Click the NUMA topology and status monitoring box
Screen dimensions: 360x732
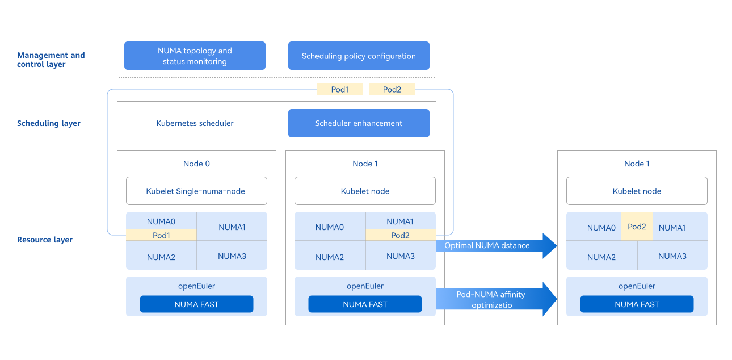[x=195, y=56]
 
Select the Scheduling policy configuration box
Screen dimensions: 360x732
[x=359, y=56]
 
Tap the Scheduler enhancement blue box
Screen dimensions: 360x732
[x=359, y=123]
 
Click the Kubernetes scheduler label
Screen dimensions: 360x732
[x=195, y=123]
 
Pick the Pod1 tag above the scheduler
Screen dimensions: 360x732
[x=339, y=89]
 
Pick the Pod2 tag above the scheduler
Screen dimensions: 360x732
[x=392, y=89]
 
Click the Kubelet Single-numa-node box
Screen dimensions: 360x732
[x=196, y=191]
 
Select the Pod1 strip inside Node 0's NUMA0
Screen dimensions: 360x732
[x=161, y=235]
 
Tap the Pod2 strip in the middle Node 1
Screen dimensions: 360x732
[x=400, y=235]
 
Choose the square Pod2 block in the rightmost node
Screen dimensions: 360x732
[x=637, y=227]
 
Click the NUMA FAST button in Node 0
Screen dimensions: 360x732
[x=196, y=304]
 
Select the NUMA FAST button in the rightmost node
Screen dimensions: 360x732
[x=637, y=304]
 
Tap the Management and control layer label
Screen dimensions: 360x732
[x=51, y=60]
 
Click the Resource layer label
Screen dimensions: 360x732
[x=45, y=240]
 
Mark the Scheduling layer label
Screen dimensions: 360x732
[x=49, y=123]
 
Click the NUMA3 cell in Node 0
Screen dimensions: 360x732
[x=232, y=256]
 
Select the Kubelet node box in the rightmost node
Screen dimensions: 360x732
[x=637, y=191]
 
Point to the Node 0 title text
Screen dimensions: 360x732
[x=196, y=164]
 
